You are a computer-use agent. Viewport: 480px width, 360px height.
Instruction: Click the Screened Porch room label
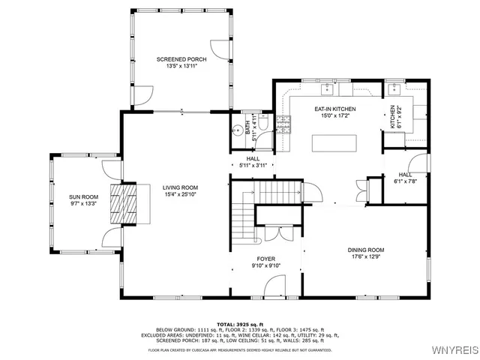click(x=181, y=58)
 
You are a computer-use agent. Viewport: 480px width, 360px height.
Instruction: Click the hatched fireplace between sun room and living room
click(x=120, y=204)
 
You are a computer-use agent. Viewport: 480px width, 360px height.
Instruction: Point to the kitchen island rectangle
click(x=334, y=142)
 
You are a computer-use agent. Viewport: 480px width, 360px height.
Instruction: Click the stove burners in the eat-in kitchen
click(x=284, y=124)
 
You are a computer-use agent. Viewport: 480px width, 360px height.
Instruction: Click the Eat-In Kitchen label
click(x=334, y=109)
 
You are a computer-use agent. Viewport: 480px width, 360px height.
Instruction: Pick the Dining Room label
click(x=365, y=250)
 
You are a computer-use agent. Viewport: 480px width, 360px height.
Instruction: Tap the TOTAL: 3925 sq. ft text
click(x=239, y=323)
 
